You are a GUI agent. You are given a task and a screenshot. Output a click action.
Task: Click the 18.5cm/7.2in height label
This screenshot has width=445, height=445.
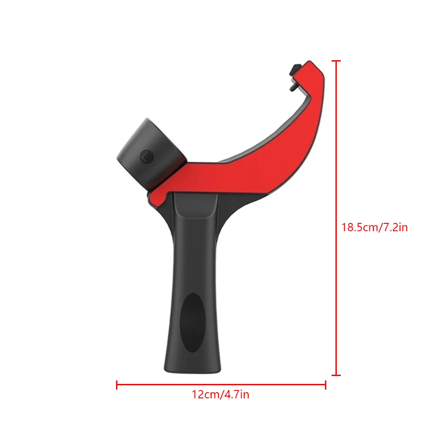point(374,227)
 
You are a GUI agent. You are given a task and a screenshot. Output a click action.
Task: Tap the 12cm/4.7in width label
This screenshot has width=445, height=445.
point(220,395)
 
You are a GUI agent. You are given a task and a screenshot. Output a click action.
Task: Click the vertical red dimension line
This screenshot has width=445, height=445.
point(336,175)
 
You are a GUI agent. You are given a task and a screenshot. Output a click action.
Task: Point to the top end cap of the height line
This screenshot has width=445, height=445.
point(336,61)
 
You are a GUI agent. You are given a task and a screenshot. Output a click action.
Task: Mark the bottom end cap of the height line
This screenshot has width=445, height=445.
point(336,375)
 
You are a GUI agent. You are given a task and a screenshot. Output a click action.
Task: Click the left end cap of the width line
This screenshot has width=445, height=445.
point(117,385)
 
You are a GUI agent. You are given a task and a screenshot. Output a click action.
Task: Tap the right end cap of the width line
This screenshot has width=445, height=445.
point(325,385)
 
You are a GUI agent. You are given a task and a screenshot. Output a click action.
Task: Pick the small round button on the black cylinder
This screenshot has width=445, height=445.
point(145,155)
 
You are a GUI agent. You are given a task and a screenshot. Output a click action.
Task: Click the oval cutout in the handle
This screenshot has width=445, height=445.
point(192,323)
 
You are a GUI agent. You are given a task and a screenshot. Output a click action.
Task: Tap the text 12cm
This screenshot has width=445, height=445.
point(206,395)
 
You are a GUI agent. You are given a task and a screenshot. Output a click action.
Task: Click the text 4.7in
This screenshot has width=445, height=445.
point(236,395)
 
